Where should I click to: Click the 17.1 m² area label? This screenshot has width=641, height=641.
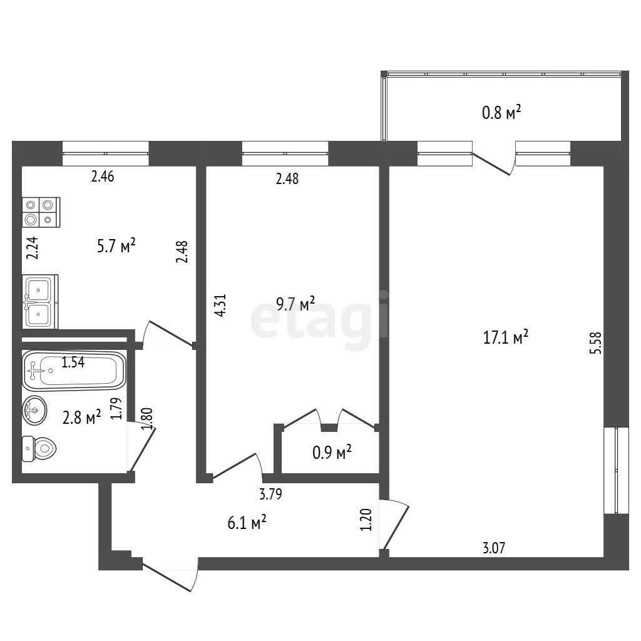pyautogui.click(x=506, y=337)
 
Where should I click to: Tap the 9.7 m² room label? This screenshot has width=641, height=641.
pyautogui.click(x=295, y=304)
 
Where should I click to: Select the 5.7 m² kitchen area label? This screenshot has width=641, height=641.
pyautogui.click(x=116, y=246)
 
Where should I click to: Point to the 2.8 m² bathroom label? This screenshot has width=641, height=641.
pyautogui.click(x=82, y=418)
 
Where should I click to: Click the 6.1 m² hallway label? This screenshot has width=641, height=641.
pyautogui.click(x=247, y=523)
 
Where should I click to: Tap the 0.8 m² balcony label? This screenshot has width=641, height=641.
pyautogui.click(x=501, y=112)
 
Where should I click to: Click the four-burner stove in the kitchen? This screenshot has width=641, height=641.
pyautogui.click(x=41, y=212)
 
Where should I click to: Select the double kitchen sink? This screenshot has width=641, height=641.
pyautogui.click(x=39, y=301)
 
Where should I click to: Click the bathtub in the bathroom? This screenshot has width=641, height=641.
pyautogui.click(x=74, y=371)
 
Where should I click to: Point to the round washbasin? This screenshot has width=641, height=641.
pyautogui.click(x=35, y=409)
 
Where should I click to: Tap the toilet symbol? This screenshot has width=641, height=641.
pyautogui.click(x=39, y=448)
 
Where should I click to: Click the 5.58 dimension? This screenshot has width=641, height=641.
pyautogui.click(x=596, y=342)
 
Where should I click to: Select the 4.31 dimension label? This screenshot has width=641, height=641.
pyautogui.click(x=220, y=305)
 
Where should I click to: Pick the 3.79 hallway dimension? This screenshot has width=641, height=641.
pyautogui.click(x=270, y=495)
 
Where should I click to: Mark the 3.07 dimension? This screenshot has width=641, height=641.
pyautogui.click(x=494, y=548)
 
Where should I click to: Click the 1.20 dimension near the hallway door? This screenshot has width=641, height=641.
pyautogui.click(x=366, y=520)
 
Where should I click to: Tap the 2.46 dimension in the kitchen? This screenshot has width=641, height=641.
pyautogui.click(x=103, y=177)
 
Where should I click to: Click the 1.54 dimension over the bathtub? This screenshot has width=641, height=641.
pyautogui.click(x=73, y=362)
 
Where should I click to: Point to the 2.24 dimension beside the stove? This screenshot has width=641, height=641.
pyautogui.click(x=33, y=248)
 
